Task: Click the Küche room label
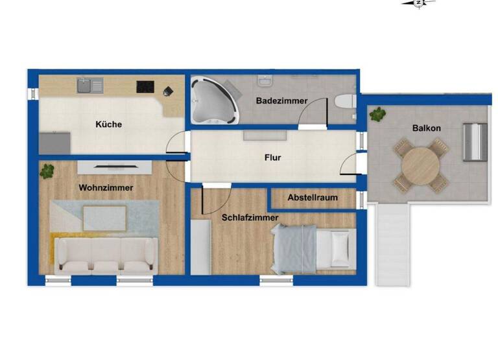click(108, 124)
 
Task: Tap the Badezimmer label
click(281, 100)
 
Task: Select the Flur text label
click(272, 157)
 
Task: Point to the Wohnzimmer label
click(106, 187)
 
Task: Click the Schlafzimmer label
click(250, 218)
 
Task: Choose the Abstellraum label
click(313, 198)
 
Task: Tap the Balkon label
click(426, 128)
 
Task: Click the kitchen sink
click(89, 85)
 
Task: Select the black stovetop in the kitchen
click(144, 86)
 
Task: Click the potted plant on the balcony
click(376, 115)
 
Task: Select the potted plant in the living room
click(47, 171)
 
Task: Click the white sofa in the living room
click(106, 253)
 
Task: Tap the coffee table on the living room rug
click(105, 217)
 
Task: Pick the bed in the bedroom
click(313, 248)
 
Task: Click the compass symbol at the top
click(418, 3)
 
